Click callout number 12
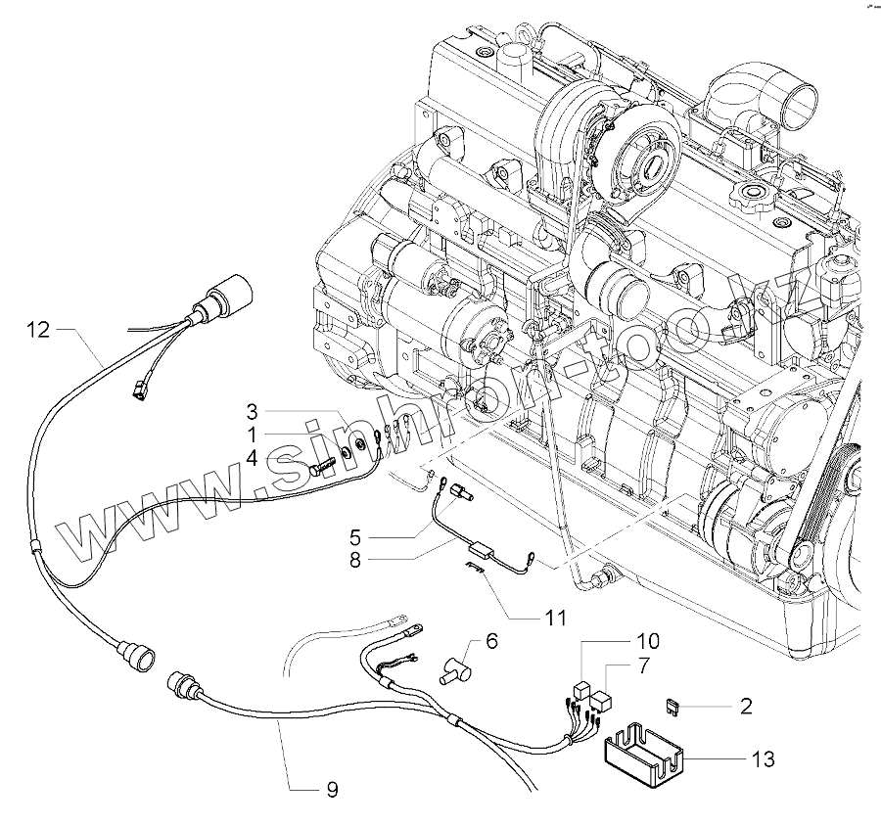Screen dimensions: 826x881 [37, 330]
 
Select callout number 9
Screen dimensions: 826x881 [332, 790]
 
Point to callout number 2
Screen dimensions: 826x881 [746, 706]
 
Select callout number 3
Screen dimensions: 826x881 [252, 410]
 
